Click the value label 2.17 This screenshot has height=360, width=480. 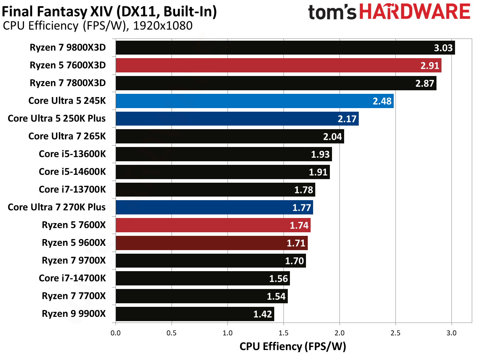click(x=347, y=119)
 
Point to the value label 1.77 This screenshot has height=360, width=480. click(x=302, y=208)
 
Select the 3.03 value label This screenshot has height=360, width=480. click(x=443, y=48)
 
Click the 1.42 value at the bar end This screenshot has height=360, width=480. click(x=262, y=314)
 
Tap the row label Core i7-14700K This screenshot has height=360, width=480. click(x=72, y=278)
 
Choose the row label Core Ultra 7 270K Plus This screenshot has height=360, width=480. click(x=57, y=207)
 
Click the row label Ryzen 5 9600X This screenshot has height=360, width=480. click(x=74, y=243)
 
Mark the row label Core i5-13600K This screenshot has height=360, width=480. click(x=72, y=154)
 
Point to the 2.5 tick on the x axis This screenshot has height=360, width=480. click(x=395, y=333)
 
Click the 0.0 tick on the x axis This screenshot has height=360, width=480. click(x=116, y=333)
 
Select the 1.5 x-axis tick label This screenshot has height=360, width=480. click(x=284, y=333)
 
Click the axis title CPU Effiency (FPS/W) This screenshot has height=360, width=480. click(x=292, y=346)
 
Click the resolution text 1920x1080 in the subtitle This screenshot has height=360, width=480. click(x=163, y=26)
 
